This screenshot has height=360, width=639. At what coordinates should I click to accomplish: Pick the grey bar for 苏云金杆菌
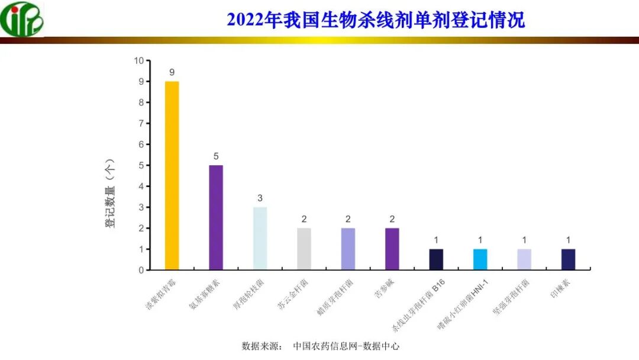pos(304,249)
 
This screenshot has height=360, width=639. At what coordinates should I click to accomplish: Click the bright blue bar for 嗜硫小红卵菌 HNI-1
pos(480,259)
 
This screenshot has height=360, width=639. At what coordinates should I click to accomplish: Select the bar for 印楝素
pos(568,259)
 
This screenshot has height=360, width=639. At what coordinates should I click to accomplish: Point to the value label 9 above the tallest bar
pos(172,72)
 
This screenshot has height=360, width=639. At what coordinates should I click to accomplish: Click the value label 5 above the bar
pos(216,156)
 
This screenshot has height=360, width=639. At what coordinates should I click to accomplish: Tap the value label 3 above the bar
pos(260,198)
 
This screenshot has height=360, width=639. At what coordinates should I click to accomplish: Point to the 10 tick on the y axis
pos(139,60)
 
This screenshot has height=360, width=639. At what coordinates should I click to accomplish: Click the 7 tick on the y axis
pos(141,123)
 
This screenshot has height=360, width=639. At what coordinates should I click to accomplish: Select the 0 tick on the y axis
pos(141,270)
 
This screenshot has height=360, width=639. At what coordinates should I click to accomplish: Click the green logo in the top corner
pos(22,19)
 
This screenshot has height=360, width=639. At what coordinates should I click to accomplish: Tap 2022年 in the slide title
pos(246,20)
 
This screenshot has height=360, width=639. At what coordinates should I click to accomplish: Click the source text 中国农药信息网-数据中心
pos(346,346)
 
